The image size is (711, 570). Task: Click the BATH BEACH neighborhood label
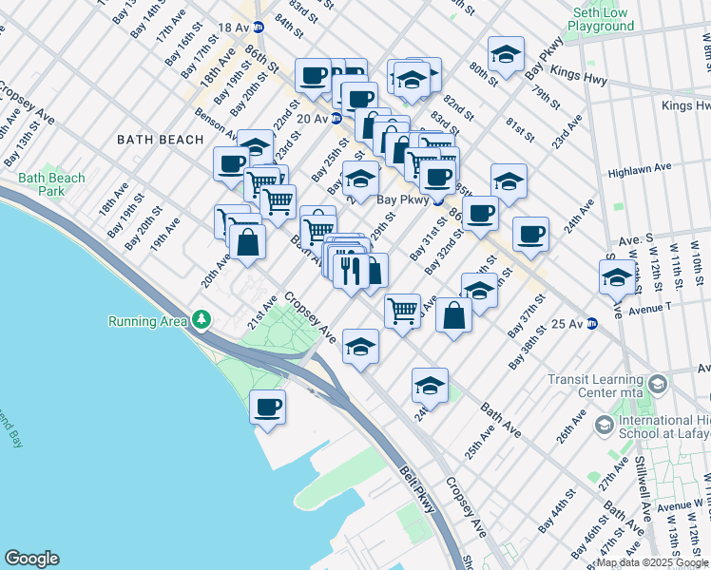pyautogui.click(x=160, y=140)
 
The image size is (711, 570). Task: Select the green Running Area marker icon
pyautogui.click(x=201, y=320)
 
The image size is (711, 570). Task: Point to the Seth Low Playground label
pyautogui.click(x=602, y=20)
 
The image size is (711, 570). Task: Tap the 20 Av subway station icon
pyautogui.click(x=336, y=119)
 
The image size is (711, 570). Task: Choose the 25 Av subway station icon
pyautogui.click(x=591, y=323)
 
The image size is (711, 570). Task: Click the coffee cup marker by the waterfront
pyautogui.click(x=268, y=408)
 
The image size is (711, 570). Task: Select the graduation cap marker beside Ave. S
pyautogui.click(x=617, y=277)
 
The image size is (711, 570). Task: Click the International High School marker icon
pyautogui.click(x=601, y=427)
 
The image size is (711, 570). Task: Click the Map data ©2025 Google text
pyautogui.click(x=652, y=562)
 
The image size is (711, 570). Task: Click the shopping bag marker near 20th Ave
pyautogui.click(x=247, y=240)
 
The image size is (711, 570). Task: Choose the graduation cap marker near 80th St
pyautogui.click(x=507, y=55)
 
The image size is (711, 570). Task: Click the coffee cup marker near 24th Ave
pyautogui.click(x=530, y=234)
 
